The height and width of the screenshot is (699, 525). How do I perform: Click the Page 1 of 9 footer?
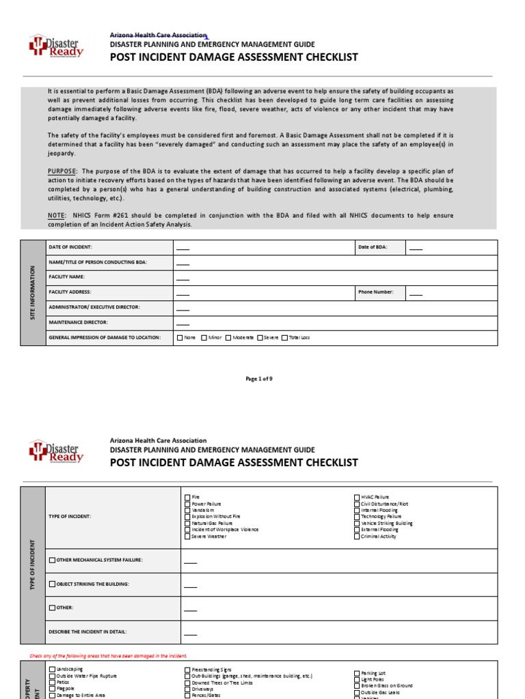(x=263, y=379)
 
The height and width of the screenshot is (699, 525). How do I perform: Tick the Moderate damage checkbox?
(x=229, y=337)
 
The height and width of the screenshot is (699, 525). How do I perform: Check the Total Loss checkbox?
(x=285, y=337)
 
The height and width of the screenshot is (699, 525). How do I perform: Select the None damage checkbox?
(x=180, y=337)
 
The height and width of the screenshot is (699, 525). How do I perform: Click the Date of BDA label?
(x=372, y=247)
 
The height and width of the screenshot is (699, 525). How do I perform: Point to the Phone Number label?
(x=375, y=291)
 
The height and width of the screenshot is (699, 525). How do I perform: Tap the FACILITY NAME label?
(x=66, y=277)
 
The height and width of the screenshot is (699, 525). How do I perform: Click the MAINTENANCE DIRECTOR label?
(x=78, y=322)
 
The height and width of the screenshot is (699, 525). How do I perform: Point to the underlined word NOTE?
(x=56, y=216)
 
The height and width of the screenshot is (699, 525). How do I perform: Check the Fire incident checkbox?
(x=188, y=497)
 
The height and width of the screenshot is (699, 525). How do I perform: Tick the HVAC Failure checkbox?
(x=357, y=497)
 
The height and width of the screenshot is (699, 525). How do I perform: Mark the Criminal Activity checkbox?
(x=357, y=537)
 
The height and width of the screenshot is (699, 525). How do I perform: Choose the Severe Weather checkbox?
(x=188, y=537)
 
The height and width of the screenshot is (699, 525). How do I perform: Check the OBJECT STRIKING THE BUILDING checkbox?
(x=53, y=584)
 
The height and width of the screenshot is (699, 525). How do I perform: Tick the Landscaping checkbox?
(x=53, y=670)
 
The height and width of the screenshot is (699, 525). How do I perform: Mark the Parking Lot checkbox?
(x=357, y=673)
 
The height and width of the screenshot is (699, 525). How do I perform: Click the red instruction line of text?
(x=108, y=656)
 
